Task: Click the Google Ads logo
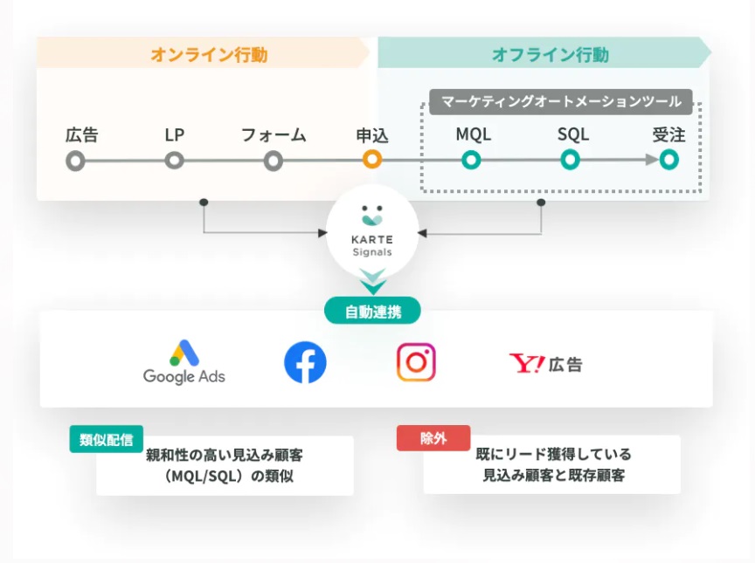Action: click(184, 362)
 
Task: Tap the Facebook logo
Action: click(305, 362)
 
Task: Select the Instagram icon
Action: click(416, 362)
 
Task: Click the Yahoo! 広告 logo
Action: click(545, 364)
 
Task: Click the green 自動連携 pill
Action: click(372, 311)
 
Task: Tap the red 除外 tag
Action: click(433, 438)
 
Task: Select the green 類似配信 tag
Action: click(107, 439)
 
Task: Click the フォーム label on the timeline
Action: click(274, 135)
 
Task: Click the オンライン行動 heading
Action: click(209, 54)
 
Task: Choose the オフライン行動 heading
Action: click(551, 54)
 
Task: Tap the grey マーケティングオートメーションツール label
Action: click(561, 101)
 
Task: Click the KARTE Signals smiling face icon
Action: click(372, 216)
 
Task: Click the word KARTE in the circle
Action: click(372, 239)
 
